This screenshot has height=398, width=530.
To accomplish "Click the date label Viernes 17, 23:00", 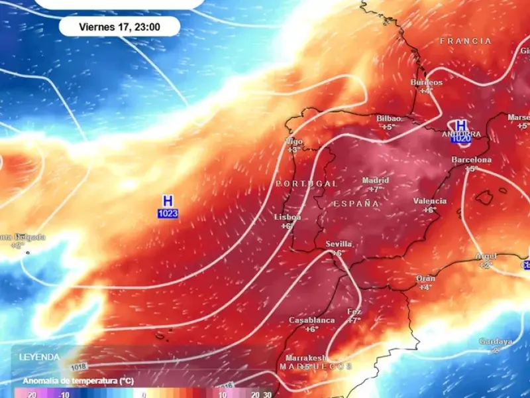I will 119,27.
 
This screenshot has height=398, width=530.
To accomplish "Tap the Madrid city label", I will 376,180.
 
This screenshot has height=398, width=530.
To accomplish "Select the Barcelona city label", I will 471,160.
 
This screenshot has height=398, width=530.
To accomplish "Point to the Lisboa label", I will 288,217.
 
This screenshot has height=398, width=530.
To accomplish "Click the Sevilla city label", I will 339,244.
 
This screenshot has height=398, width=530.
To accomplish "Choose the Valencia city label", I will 430,201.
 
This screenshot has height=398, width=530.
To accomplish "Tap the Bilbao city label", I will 388,118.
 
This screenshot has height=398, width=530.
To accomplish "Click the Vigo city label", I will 293,141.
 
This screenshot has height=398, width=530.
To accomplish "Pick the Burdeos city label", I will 425,82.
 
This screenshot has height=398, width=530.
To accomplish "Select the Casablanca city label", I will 311,320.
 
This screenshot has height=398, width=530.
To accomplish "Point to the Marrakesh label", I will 307,358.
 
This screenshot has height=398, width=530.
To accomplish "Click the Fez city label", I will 354,312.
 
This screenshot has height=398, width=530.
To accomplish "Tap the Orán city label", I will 425,279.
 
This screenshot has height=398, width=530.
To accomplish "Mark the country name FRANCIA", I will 466,41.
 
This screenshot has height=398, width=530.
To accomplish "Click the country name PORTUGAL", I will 307,183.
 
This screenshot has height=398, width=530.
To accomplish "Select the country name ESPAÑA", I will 356,204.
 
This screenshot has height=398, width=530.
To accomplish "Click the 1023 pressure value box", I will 168,213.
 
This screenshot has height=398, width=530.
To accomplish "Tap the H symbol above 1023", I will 168,200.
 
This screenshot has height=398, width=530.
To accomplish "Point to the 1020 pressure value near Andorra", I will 460,139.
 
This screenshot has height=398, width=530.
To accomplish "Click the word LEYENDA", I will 40,357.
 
